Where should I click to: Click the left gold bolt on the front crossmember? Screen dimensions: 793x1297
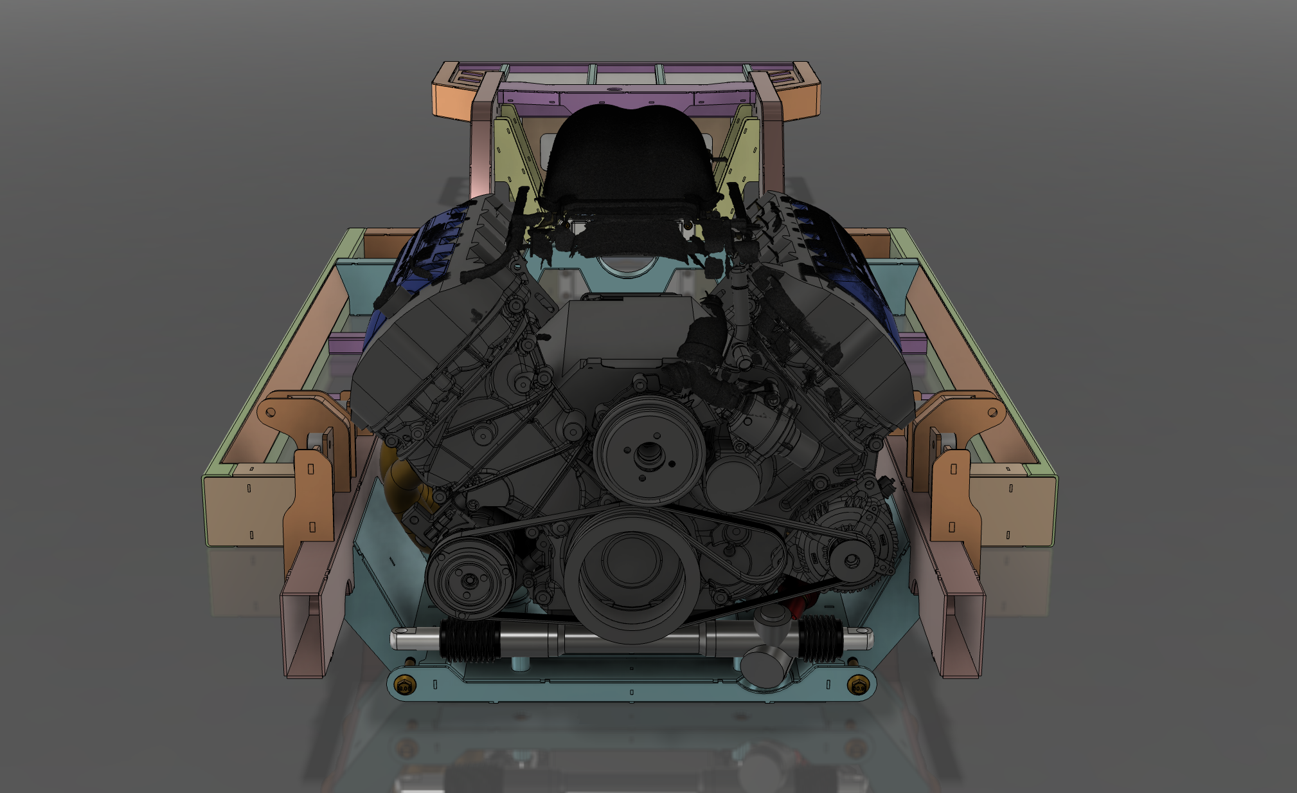click(404, 686)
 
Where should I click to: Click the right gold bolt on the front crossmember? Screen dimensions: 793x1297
click(858, 686)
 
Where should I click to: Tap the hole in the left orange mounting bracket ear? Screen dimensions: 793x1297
click(271, 412)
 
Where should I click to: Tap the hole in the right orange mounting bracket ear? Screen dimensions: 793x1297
click(992, 412)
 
